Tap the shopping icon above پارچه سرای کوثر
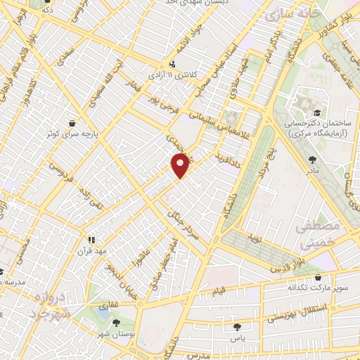pos(72,121)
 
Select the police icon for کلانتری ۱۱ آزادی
pos(153,72)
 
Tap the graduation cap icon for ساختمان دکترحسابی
pos(317,112)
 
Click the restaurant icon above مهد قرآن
pos(90,239)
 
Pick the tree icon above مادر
pos(309,159)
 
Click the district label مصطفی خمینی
pos(322,236)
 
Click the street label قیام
pos(219,290)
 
